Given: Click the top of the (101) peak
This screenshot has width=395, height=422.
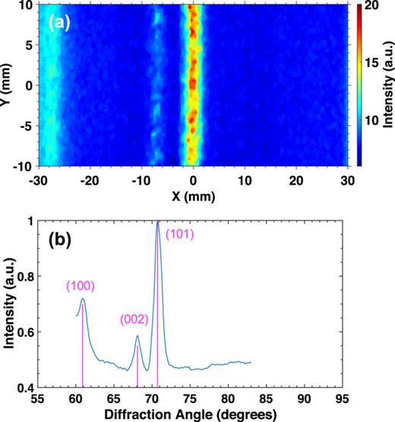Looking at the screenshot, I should (x=158, y=222).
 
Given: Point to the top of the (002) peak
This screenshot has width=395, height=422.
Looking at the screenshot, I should (x=137, y=335).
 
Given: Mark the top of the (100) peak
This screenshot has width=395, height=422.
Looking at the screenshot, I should (x=83, y=299).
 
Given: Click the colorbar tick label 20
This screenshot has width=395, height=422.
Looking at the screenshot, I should (x=367, y=5).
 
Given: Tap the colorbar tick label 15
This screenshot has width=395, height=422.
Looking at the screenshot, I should (x=367, y=62).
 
